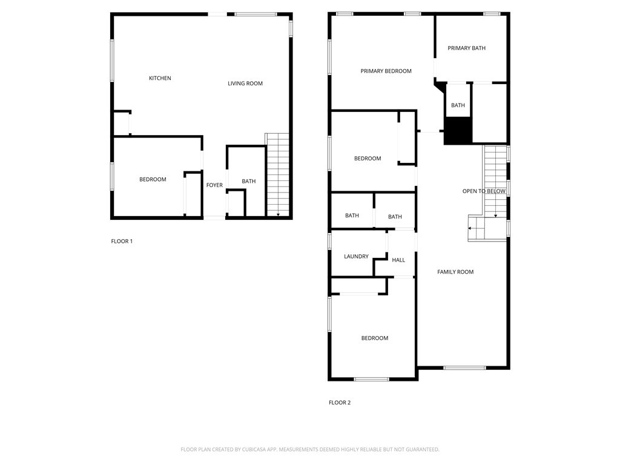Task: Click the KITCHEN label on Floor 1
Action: [x=160, y=78]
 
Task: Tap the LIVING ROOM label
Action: [x=245, y=84]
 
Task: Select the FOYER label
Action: [x=214, y=185]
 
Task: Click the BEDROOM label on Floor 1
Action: [x=153, y=179]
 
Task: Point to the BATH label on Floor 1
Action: [x=249, y=182]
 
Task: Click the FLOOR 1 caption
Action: [x=122, y=242]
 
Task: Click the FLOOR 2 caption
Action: [x=340, y=403]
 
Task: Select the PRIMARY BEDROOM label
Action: [x=386, y=71]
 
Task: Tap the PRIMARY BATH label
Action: [x=466, y=48]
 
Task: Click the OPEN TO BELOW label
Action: [x=484, y=191]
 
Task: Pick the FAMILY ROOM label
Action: [x=455, y=272]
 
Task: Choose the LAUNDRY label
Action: [x=356, y=257]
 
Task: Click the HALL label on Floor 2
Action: [x=398, y=260]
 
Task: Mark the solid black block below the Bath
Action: [x=458, y=131]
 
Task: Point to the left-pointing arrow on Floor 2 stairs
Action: [x=470, y=228]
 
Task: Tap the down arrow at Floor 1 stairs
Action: [x=278, y=213]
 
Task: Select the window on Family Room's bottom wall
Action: [x=464, y=368]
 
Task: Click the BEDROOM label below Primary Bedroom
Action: [x=368, y=159]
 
